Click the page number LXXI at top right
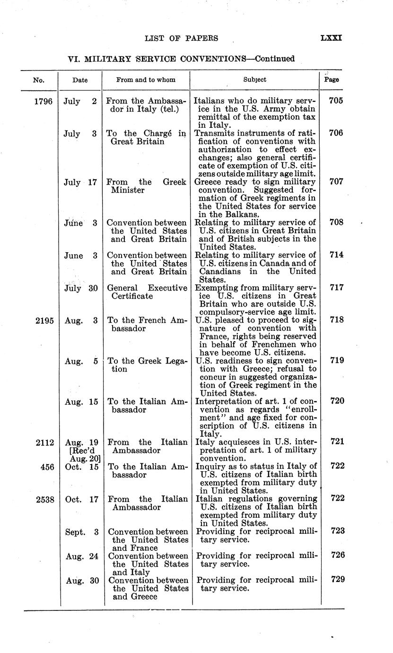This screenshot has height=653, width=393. pos(331,38)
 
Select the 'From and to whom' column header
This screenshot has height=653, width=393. pos(145,80)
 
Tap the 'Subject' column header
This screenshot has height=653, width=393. pos(254,80)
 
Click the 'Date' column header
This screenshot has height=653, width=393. pos(79,80)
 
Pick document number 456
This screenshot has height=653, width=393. pos(46,467)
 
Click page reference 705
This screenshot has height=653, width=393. pos(336,101)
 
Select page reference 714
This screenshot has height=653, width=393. pos(336,255)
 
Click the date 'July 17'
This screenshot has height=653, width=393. pos(80,182)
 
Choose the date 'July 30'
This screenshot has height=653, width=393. pos(80,288)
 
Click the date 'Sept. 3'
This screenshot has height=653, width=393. pos(81,531)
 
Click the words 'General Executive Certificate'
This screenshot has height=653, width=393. pos(147,292)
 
